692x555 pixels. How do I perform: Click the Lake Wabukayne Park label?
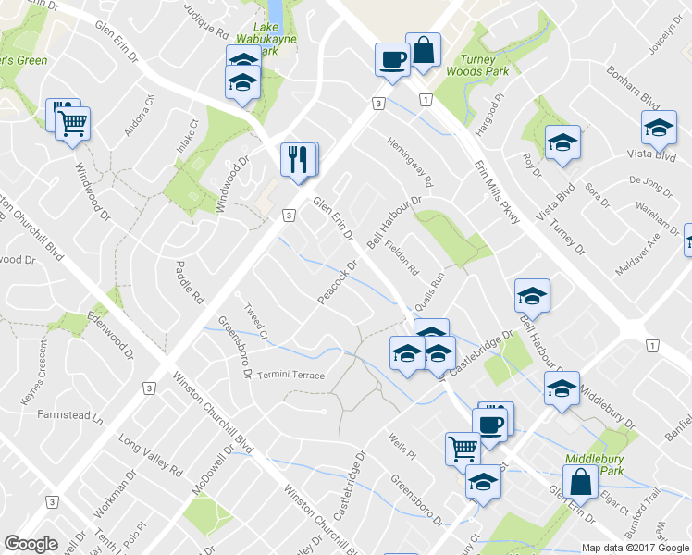(x=270, y=40)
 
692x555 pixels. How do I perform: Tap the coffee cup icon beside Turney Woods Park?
(x=392, y=60)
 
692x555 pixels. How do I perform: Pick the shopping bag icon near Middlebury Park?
(x=581, y=482)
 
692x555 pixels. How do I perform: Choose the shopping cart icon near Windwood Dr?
(x=72, y=122)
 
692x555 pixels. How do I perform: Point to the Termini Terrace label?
(x=291, y=375)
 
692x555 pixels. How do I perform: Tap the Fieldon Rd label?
(x=403, y=258)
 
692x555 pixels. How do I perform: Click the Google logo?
(x=31, y=544)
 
